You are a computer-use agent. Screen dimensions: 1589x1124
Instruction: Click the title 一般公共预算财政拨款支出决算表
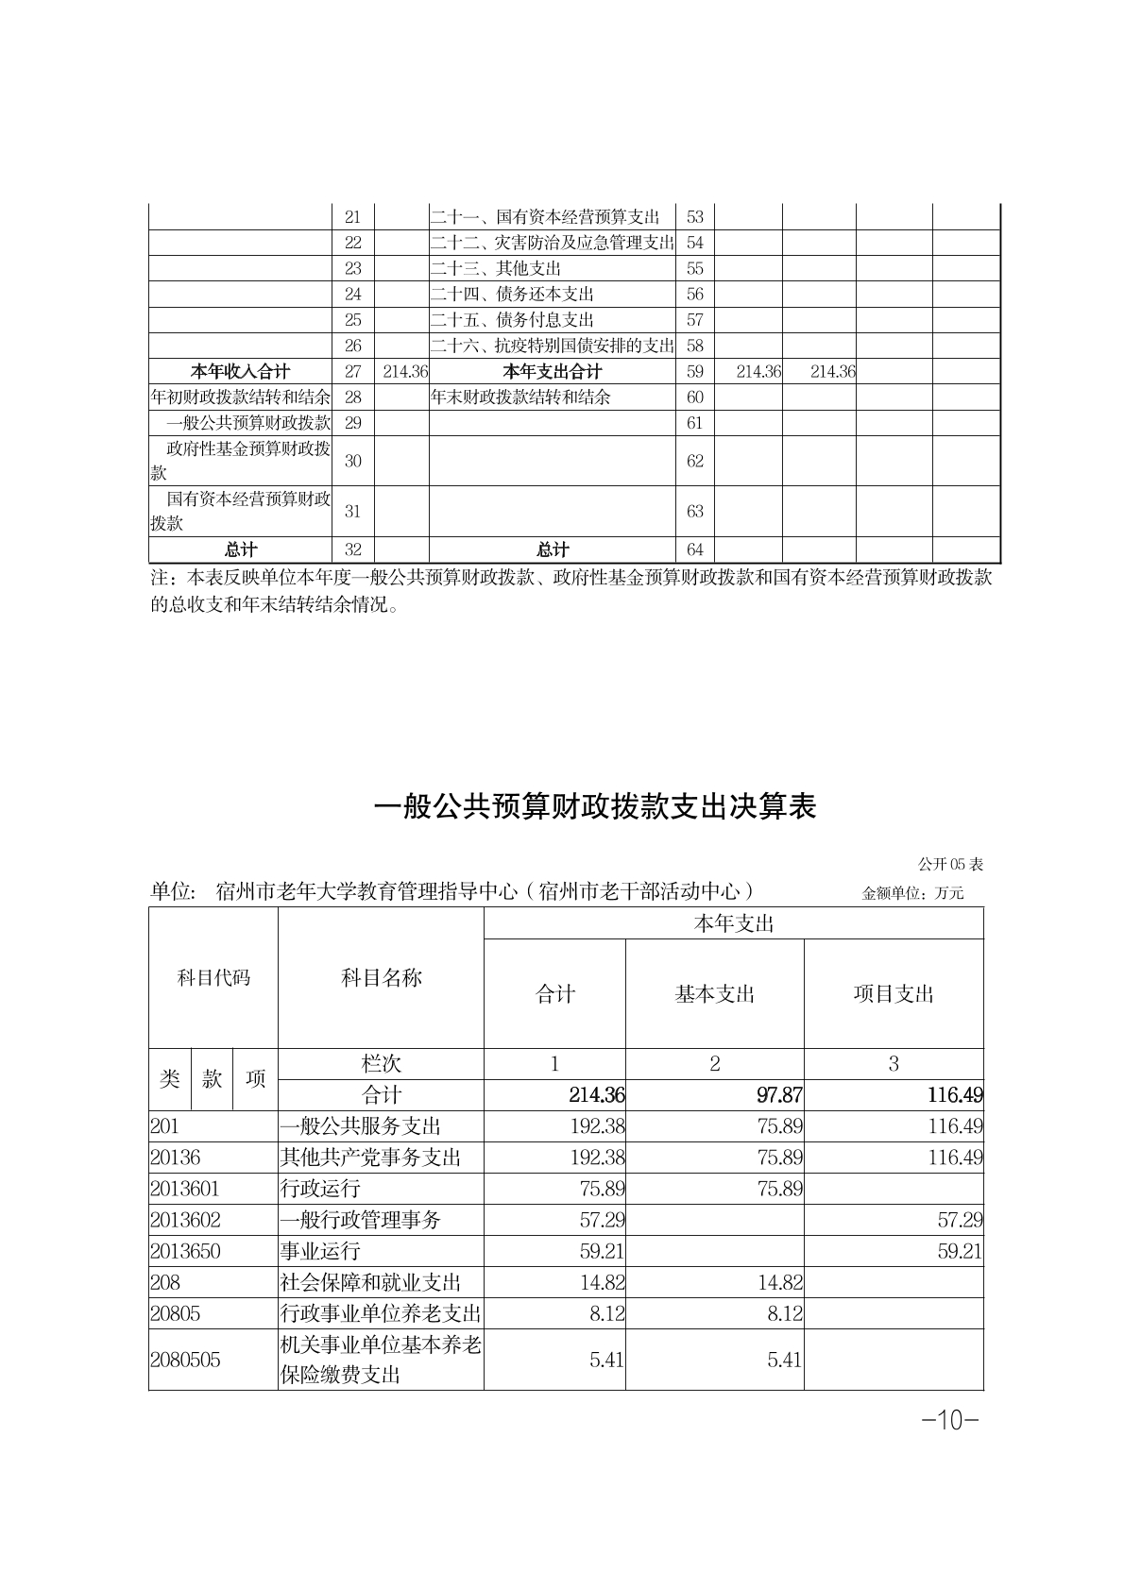595,807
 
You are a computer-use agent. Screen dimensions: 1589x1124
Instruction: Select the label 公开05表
950,864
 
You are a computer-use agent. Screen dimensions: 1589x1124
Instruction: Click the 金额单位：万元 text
912,893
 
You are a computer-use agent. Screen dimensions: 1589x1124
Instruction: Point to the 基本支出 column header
714,994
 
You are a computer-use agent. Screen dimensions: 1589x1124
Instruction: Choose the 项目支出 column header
894,994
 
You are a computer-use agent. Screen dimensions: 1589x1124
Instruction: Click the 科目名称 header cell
381,978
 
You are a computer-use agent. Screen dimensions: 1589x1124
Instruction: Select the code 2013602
185,1220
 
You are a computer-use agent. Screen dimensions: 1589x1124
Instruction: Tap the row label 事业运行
320,1251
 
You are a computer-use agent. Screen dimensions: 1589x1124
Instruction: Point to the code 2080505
185,1360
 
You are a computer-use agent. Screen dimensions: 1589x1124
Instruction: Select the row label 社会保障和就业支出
370,1282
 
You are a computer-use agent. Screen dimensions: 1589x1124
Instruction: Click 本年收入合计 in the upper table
241,371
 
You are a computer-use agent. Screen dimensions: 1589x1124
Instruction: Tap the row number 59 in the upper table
695,371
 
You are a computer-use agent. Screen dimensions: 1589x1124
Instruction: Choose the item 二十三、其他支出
496,268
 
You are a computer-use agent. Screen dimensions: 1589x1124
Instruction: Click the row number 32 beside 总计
353,549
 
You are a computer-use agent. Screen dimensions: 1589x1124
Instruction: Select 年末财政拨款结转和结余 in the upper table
520,397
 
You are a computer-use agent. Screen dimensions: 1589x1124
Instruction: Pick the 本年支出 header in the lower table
733,923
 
